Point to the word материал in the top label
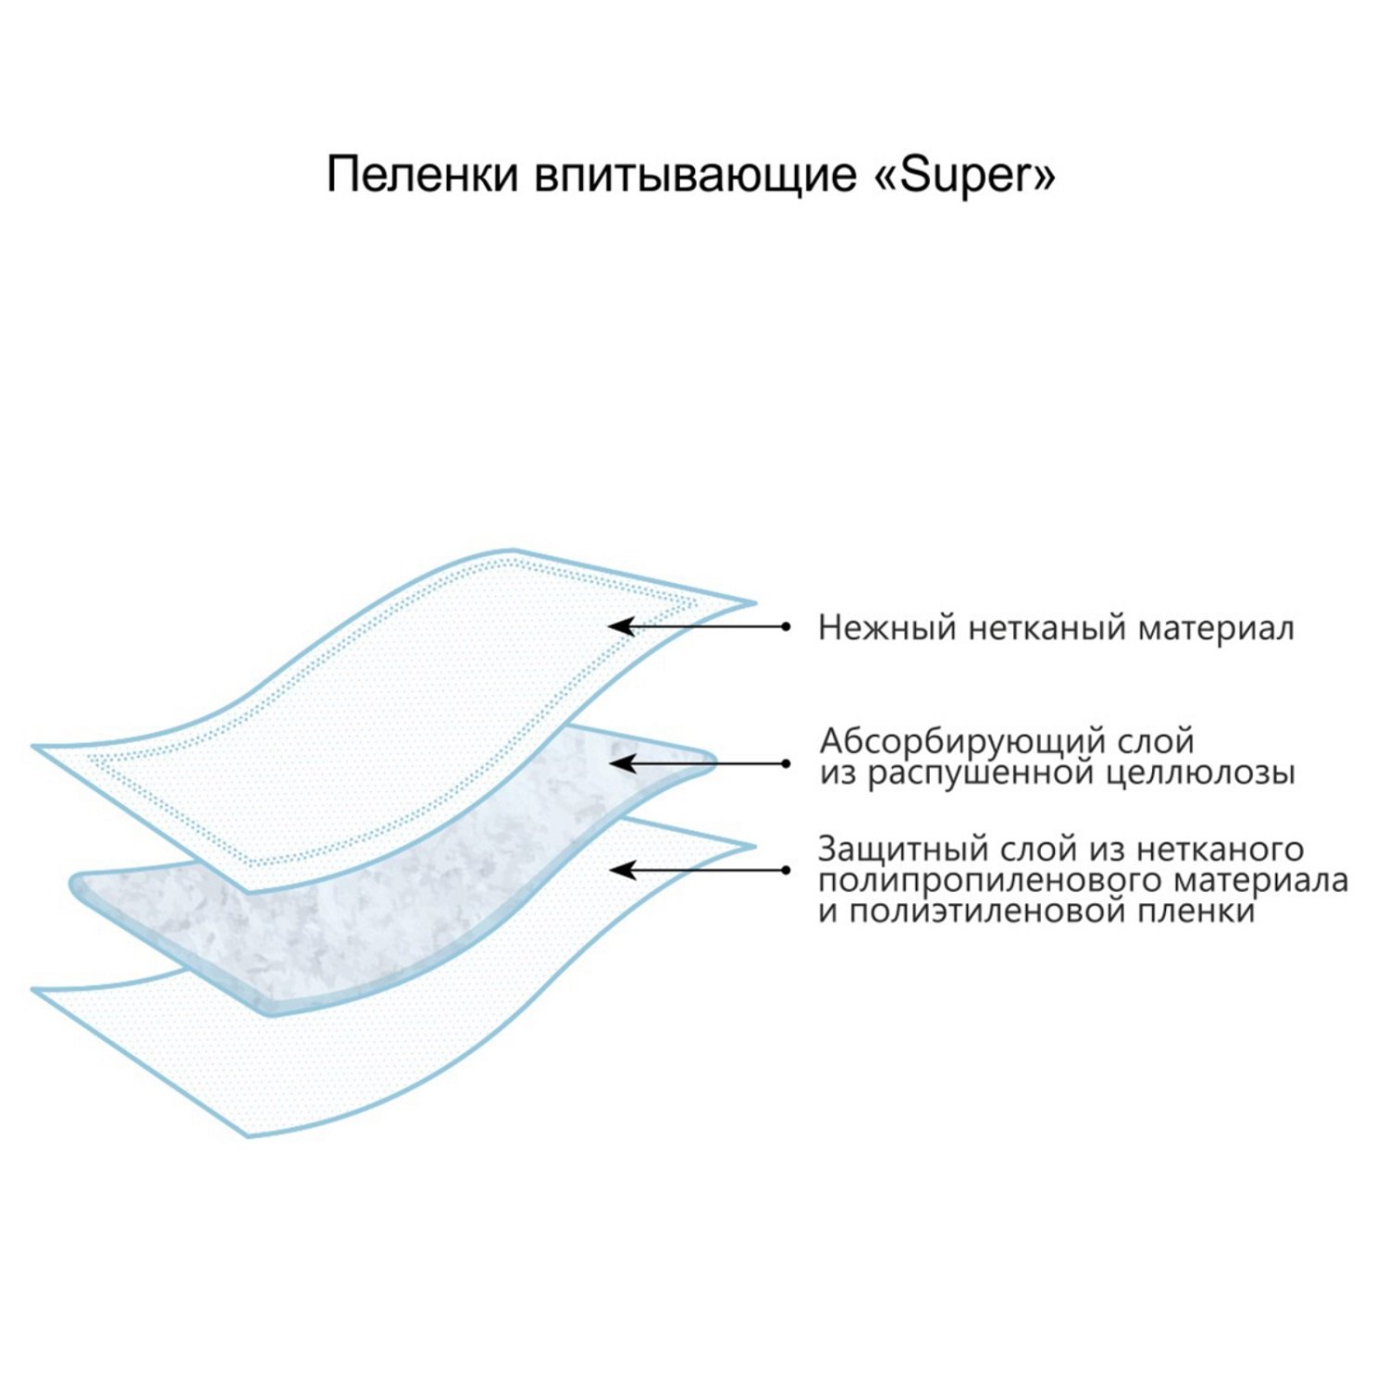[x=1216, y=628]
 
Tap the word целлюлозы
[x=1202, y=774]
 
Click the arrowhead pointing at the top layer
[x=620, y=626]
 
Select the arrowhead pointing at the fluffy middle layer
[x=620, y=763]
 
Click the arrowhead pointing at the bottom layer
[x=620, y=870]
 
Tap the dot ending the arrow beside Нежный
[x=786, y=626]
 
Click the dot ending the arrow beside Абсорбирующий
[x=786, y=763]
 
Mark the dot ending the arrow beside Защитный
[x=786, y=870]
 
